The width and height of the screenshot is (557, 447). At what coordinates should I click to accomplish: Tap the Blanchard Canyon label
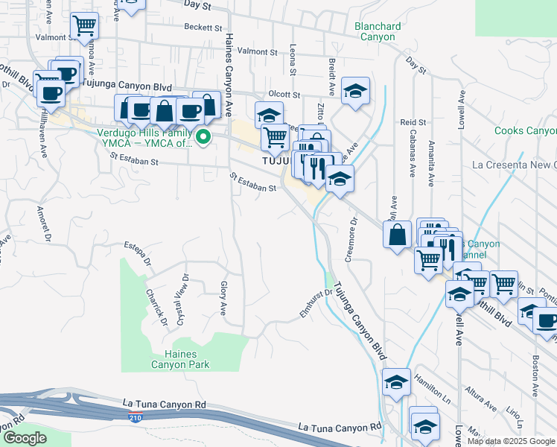[378, 31]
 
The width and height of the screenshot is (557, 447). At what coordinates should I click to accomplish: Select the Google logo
[24, 438]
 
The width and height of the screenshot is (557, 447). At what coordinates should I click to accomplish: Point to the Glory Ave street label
[223, 296]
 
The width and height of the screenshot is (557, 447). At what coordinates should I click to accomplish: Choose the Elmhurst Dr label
[315, 304]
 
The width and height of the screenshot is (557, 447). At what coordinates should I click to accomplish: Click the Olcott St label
[284, 95]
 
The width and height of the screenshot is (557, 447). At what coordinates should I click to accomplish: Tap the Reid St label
[413, 121]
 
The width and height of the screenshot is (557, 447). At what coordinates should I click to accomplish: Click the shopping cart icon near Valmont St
[84, 26]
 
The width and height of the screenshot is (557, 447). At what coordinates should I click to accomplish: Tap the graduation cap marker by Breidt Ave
[355, 90]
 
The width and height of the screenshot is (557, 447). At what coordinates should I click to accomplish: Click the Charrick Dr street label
[156, 307]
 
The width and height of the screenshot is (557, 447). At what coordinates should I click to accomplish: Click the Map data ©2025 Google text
[511, 441]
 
